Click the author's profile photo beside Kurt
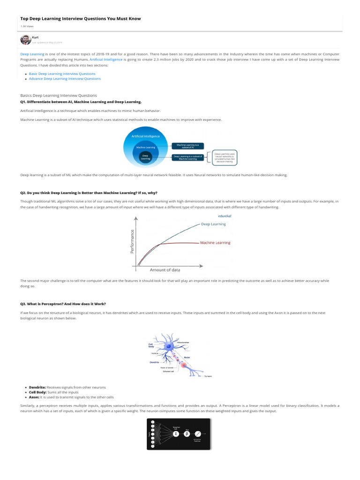[25, 40]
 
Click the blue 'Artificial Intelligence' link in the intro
[106, 60]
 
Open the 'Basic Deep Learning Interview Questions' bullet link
[62, 74]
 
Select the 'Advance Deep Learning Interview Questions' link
[65, 79]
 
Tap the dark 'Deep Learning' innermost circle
[145, 158]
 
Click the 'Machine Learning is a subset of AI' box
[187, 146]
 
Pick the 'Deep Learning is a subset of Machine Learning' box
[187, 158]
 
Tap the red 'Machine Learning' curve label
[215, 243]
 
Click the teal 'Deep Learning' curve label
[213, 224]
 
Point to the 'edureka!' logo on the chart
[225, 216]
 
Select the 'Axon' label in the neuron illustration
[187, 357]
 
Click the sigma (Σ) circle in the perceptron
[176, 434]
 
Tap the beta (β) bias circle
[187, 434]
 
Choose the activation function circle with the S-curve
[198, 434]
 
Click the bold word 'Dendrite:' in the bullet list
[37, 387]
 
